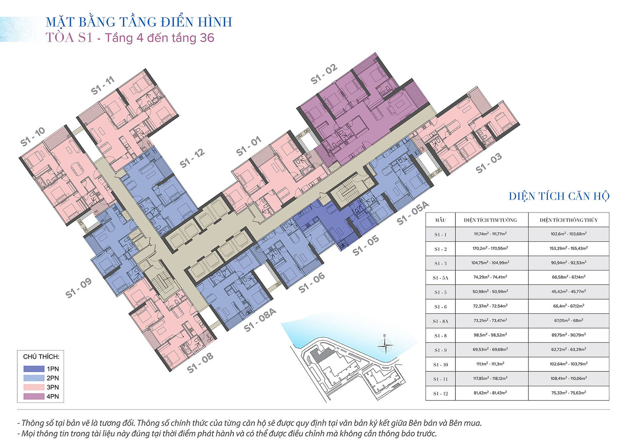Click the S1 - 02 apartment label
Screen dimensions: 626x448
pyautogui.click(x=324, y=74)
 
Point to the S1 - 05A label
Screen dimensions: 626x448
pyautogui.click(x=413, y=213)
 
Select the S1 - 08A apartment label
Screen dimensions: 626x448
pyautogui.click(x=260, y=320)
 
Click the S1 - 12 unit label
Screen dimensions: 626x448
pyautogui.click(x=192, y=159)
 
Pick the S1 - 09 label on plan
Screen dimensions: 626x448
pyautogui.click(x=78, y=288)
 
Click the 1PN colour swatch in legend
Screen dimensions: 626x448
pyautogui.click(x=34, y=369)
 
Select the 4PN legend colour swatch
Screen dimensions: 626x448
pyautogui.click(x=34, y=396)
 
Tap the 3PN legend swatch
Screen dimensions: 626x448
pyautogui.click(x=34, y=387)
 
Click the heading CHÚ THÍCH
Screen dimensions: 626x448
pyautogui.click(x=41, y=357)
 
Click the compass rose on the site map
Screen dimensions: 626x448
pyautogui.click(x=385, y=345)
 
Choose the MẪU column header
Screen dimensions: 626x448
pyautogui.click(x=440, y=220)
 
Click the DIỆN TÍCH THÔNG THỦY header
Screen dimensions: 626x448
pyautogui.click(x=569, y=220)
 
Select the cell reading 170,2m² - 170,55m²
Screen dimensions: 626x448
pyautogui.click(x=490, y=248)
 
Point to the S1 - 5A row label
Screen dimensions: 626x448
pyautogui.click(x=440, y=278)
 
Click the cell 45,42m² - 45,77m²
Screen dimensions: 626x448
pyautogui.click(x=569, y=291)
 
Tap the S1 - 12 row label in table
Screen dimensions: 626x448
pyautogui.click(x=440, y=393)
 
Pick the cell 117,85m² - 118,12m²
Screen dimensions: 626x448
pyautogui.click(x=490, y=378)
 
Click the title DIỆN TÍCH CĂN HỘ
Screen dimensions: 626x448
pyautogui.click(x=559, y=196)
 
